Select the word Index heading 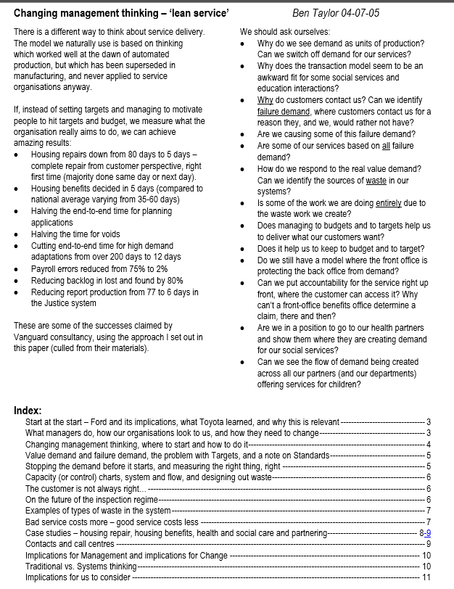[28, 411]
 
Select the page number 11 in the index [426, 577]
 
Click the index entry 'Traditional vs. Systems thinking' [81, 566]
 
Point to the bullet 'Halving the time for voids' [75, 234]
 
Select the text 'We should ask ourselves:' [284, 32]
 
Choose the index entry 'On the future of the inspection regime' [91, 499]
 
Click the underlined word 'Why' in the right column [265, 100]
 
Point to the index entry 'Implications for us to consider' [78, 577]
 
